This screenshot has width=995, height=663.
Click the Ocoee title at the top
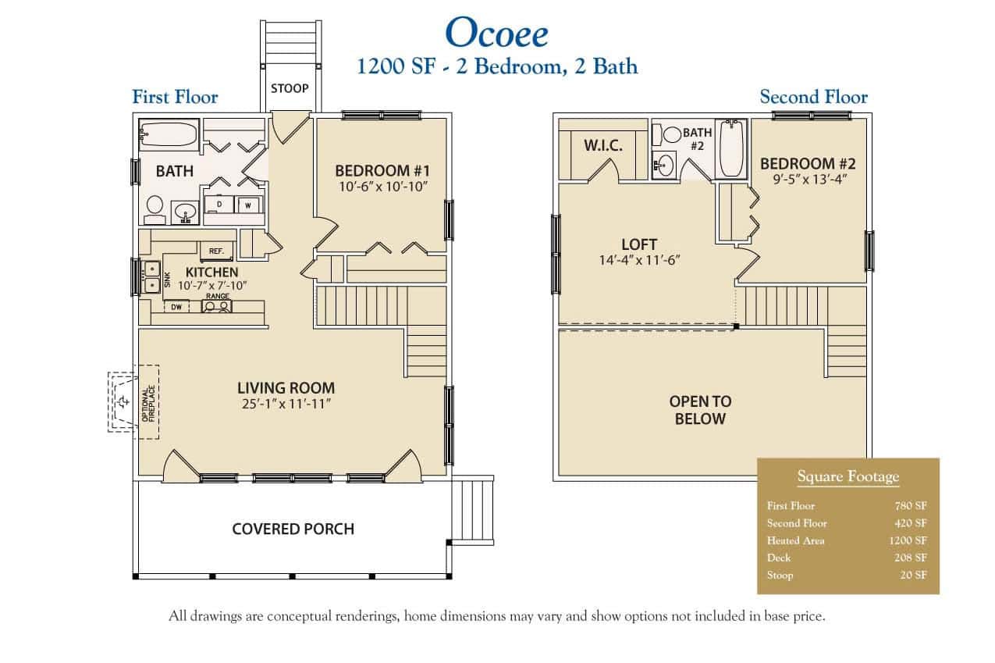496,33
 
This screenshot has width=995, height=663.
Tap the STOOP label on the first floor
289,88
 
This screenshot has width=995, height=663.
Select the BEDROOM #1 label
382,170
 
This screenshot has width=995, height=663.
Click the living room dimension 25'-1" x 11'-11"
286,404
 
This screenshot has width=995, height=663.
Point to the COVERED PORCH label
293,529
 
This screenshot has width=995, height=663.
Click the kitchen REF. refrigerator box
215,251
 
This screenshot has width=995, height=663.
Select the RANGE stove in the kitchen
216,306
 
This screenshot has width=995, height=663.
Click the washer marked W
247,205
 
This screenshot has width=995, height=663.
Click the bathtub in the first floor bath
168,134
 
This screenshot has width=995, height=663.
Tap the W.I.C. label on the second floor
603,146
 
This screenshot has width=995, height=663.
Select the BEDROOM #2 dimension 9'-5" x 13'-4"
808,179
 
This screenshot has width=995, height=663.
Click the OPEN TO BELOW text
700,410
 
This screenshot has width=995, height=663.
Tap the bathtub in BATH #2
732,148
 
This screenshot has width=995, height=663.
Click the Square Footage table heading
848,476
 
